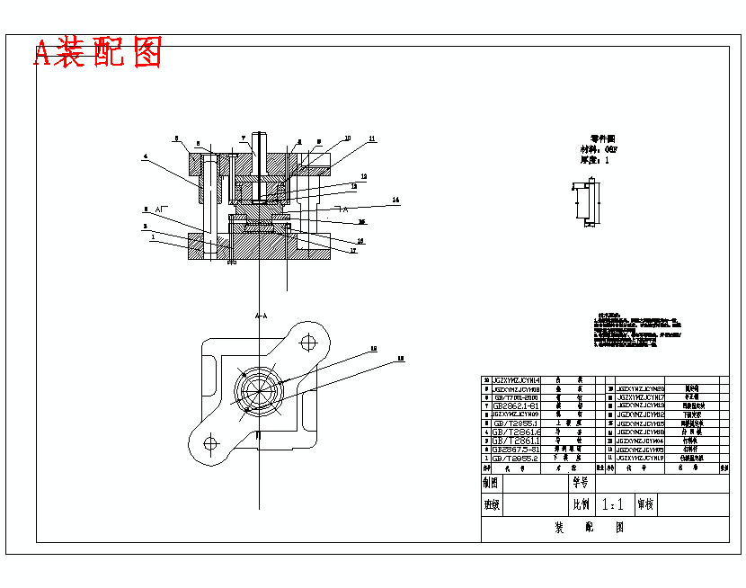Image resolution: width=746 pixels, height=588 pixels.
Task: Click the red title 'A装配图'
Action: (98, 53)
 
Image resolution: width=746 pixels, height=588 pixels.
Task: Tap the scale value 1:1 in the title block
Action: (613, 505)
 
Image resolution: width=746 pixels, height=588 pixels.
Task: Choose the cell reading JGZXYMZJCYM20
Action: (640, 388)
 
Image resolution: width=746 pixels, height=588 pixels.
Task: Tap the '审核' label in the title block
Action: (645, 505)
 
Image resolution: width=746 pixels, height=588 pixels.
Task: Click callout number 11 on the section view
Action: (372, 138)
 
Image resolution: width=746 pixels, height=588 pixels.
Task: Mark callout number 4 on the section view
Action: (145, 156)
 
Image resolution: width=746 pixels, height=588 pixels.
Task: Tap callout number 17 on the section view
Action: (353, 251)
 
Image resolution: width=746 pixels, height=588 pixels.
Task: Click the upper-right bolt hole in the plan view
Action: (309, 342)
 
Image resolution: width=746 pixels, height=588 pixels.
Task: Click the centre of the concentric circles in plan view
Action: (259, 391)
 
